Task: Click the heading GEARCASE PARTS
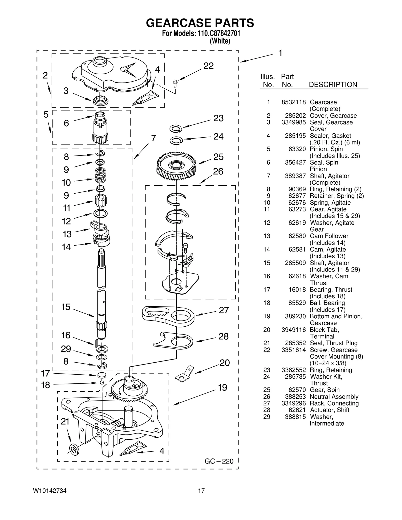click(x=200, y=23)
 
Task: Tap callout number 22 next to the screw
click(x=208, y=66)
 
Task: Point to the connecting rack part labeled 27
click(x=168, y=316)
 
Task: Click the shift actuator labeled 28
click(x=173, y=341)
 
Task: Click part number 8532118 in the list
click(x=293, y=102)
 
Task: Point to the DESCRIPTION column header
click(x=333, y=85)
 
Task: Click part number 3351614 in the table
click(x=293, y=350)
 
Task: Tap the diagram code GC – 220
click(x=219, y=461)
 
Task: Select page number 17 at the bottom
click(x=201, y=491)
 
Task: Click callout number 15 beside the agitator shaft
click(x=66, y=307)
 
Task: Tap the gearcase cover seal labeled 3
click(x=100, y=101)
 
